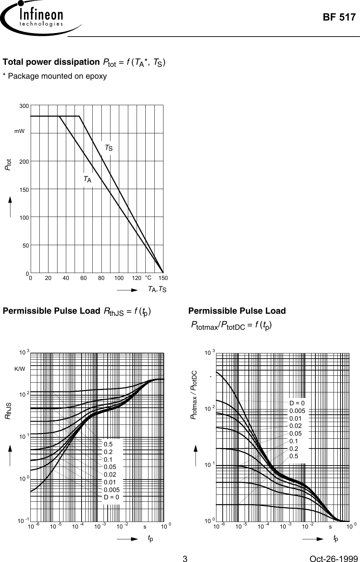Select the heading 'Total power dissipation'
pos(51,62)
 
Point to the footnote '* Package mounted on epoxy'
pos(55,76)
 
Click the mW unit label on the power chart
pos(20,131)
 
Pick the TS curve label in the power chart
pos(109,148)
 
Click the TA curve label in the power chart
pos(87,179)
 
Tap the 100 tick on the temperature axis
pos(119,278)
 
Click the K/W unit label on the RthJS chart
pos(20,368)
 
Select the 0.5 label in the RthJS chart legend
pos(108,444)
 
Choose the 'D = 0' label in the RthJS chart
pos(112,497)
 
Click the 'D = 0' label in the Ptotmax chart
pos(297,404)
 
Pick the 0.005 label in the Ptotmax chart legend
pos(297,411)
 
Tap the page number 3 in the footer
pos(185,550)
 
